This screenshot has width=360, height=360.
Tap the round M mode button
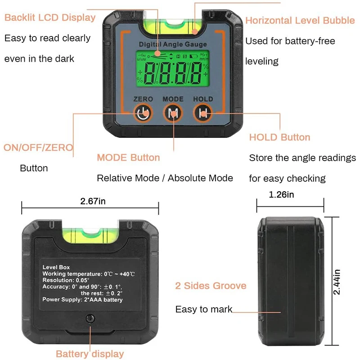[173, 113]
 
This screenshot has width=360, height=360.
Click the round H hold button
[203, 113]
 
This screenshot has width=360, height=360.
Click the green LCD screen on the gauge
[173, 69]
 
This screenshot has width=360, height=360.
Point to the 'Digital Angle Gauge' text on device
[173, 44]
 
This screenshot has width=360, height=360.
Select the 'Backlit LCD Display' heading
[50, 18]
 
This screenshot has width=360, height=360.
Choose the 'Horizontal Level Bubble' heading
[300, 20]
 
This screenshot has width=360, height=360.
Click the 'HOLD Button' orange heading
[279, 137]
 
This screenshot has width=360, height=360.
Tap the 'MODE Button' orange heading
[128, 157]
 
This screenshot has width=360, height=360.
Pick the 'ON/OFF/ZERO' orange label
[38, 148]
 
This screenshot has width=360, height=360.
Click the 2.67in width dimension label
[93, 201]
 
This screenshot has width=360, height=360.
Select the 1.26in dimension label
[281, 194]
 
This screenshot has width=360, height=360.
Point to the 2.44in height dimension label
[336, 282]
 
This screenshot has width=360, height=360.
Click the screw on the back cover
[90, 319]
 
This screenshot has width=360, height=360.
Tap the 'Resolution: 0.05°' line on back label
[66, 280]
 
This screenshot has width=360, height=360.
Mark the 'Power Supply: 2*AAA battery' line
[82, 300]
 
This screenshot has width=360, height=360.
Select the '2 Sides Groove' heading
[211, 286]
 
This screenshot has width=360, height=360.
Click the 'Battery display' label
[90, 354]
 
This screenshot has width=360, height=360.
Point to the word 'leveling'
[262, 62]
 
